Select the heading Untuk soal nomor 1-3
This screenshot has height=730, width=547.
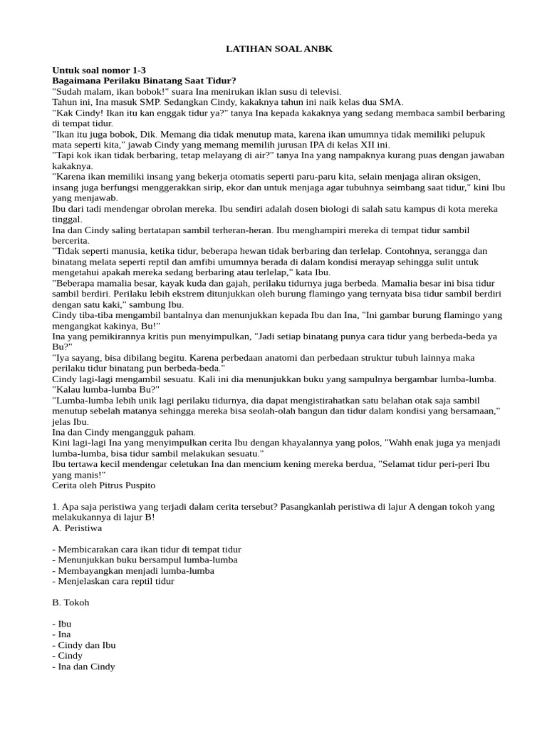pyautogui.click(x=98, y=70)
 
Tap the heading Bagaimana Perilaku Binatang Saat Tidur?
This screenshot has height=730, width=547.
pyautogui.click(x=144, y=81)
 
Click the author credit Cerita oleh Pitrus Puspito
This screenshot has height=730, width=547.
pyautogui.click(x=103, y=485)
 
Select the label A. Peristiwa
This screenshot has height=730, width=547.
pyautogui.click(x=77, y=528)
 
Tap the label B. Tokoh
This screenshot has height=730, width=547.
pyautogui.click(x=71, y=602)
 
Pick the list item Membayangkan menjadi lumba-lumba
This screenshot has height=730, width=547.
pyautogui.click(x=133, y=570)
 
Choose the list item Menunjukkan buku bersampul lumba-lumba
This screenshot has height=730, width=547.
pyautogui.click(x=145, y=560)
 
